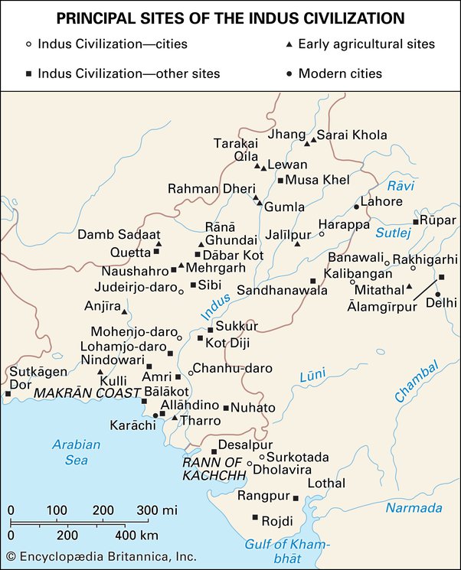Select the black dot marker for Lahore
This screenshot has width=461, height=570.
tap(356, 207)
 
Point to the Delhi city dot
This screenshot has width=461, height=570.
tap(437, 295)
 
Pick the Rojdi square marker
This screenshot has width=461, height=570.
tap(255, 518)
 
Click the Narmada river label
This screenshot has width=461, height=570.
tap(414, 508)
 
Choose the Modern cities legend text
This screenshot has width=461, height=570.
tap(340, 73)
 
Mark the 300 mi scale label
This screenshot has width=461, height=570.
tap(158, 510)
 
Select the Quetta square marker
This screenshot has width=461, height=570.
tap(157, 251)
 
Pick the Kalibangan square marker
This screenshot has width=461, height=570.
tap(312, 282)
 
